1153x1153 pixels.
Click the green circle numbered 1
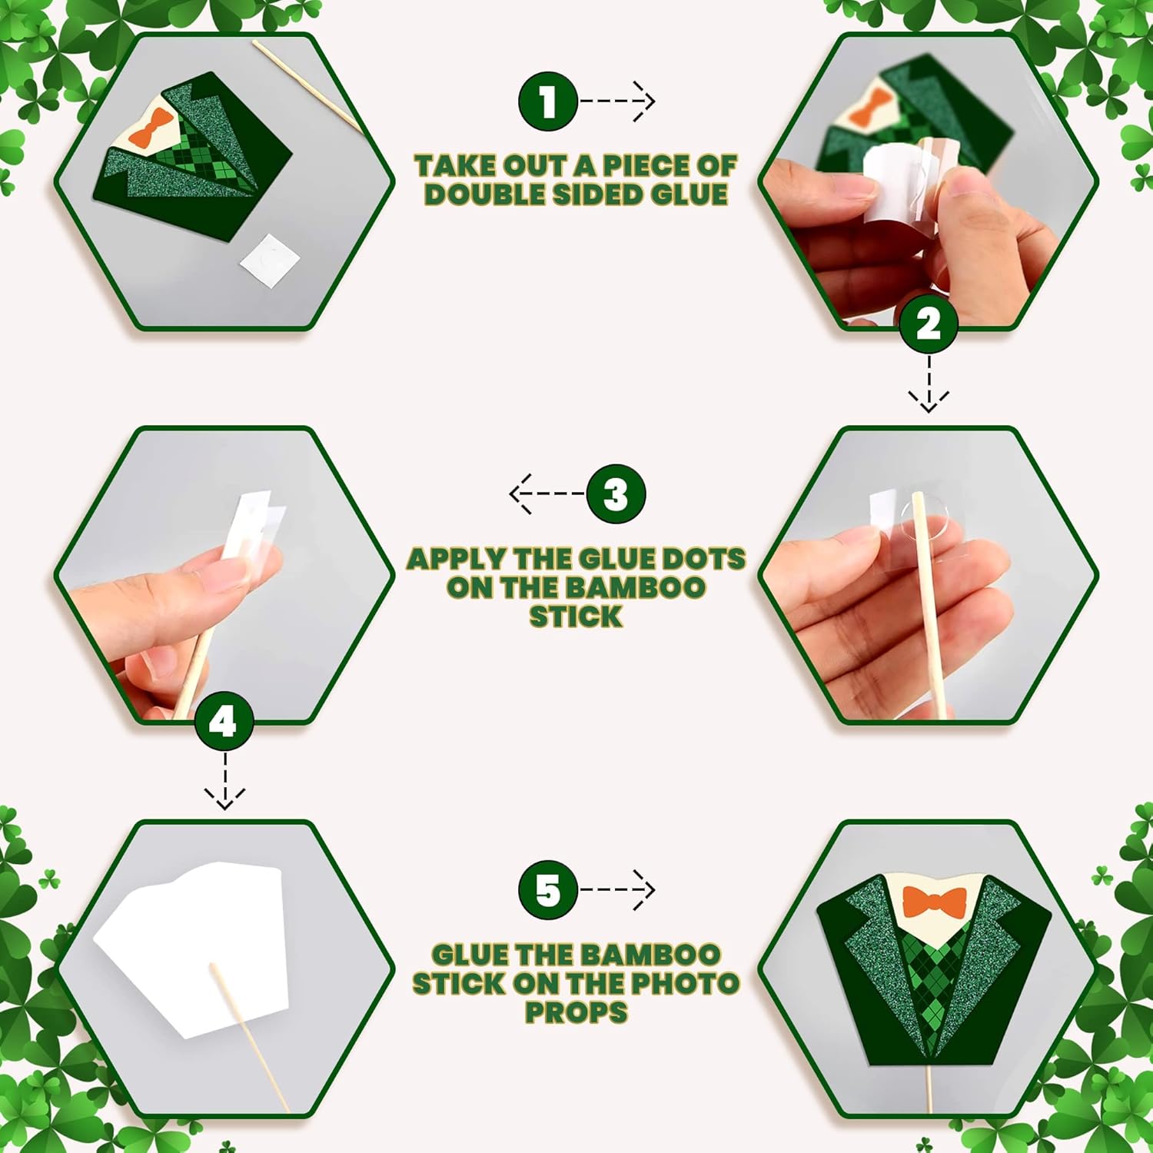click(547, 101)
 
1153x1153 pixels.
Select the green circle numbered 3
click(616, 493)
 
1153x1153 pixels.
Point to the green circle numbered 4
click(224, 722)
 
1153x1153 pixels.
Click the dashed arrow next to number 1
click(617, 101)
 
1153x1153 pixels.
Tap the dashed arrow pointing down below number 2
click(929, 384)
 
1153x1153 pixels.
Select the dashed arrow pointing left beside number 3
click(547, 493)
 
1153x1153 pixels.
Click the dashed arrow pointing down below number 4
click(224, 781)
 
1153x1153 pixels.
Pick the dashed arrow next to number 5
click(617, 890)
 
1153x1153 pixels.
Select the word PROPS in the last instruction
click(576, 1012)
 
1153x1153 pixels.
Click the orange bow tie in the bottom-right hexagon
click(934, 902)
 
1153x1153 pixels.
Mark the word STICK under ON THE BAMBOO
click(576, 616)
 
